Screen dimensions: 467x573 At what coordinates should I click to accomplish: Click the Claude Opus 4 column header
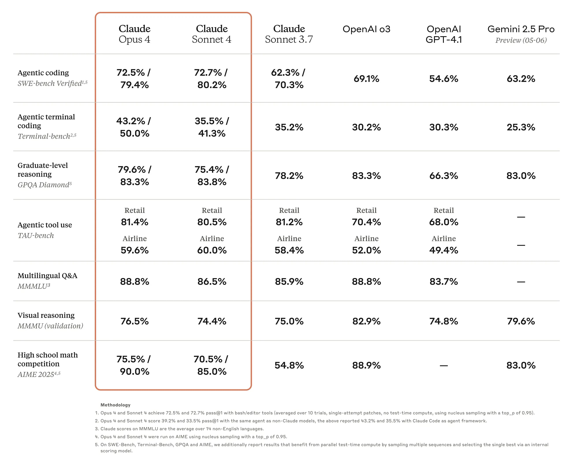click(x=134, y=34)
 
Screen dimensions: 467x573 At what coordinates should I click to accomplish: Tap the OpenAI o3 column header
click(x=366, y=29)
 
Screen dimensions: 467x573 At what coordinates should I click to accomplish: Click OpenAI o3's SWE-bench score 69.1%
click(x=366, y=78)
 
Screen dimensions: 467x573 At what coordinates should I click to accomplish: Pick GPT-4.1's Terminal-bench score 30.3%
click(x=443, y=127)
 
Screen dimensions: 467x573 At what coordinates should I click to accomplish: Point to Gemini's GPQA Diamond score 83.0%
click(x=521, y=176)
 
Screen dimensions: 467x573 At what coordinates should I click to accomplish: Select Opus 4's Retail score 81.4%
click(x=134, y=222)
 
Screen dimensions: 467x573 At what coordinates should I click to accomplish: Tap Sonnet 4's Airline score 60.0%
click(x=212, y=250)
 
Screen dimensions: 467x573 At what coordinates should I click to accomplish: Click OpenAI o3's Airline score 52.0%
click(x=366, y=250)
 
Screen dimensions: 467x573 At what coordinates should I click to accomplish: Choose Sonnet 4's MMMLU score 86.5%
click(x=212, y=281)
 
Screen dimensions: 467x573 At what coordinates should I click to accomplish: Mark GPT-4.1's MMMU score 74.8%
click(x=443, y=321)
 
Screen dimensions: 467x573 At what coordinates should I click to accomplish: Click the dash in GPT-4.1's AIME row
click(x=443, y=366)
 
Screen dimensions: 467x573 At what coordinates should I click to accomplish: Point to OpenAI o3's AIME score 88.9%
click(x=366, y=365)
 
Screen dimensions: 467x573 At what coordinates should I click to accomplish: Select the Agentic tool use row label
click(x=45, y=225)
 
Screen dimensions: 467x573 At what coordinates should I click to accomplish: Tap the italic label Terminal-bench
click(x=44, y=136)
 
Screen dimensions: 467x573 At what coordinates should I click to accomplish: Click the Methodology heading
click(x=115, y=405)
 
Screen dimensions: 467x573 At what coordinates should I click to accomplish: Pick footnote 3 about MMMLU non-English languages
click(x=182, y=429)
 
